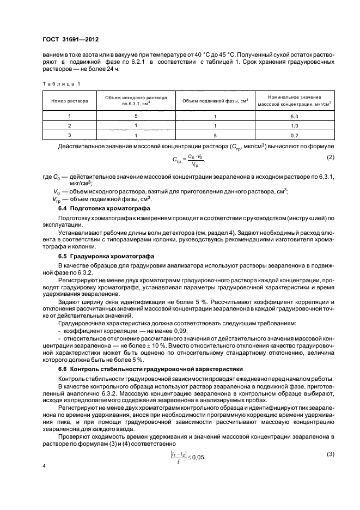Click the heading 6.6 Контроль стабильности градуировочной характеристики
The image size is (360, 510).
click(x=150, y=369)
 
